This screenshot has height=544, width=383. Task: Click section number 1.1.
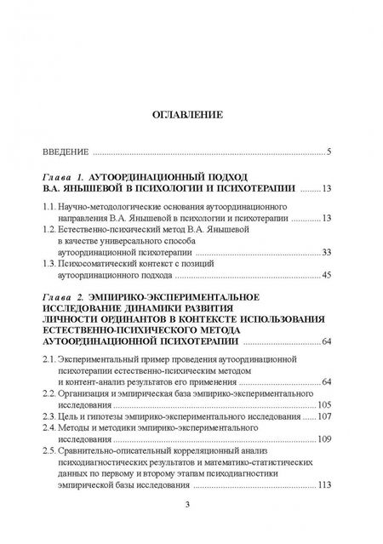click(51, 206)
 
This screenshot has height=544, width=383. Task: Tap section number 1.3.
click(51, 263)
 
